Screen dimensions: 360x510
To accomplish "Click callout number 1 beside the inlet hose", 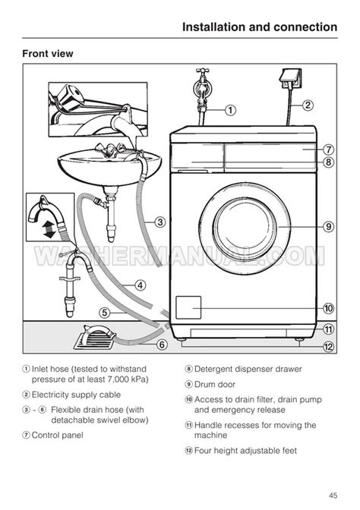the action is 230,110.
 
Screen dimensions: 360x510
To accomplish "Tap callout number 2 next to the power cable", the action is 308,105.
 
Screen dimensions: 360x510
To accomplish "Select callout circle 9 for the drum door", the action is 328,226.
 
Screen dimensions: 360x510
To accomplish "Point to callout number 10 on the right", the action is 328,308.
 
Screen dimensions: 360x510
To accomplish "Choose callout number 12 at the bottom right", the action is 328,347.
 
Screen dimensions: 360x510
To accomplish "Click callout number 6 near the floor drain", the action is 162,345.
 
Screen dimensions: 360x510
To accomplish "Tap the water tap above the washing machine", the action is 203,87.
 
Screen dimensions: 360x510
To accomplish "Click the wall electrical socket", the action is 291,79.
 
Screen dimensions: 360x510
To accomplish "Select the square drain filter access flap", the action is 188,307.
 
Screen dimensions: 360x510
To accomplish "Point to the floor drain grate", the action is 95,338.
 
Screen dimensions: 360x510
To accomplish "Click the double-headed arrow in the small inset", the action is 49,228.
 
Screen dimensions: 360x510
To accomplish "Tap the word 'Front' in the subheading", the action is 33,53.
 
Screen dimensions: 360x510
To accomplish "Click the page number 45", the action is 333,496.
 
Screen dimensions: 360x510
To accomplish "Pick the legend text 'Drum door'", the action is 214,384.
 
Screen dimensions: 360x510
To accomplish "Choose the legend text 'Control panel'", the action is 57,435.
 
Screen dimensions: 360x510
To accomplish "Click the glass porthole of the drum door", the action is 245,226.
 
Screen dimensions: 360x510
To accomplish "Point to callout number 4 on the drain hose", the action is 140,285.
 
